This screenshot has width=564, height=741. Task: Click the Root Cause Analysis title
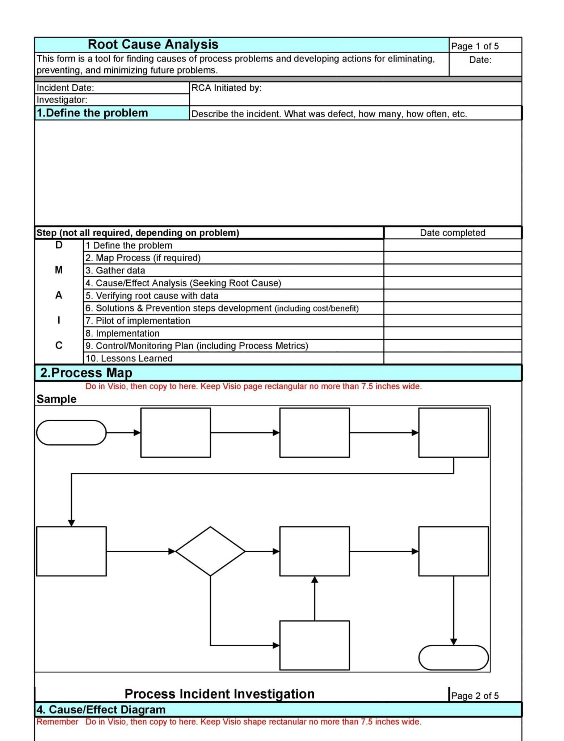pyautogui.click(x=153, y=45)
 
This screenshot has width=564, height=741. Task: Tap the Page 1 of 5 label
pyautogui.click(x=475, y=46)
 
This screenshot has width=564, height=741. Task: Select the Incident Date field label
pyautogui.click(x=65, y=88)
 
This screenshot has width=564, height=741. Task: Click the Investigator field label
pyautogui.click(x=62, y=100)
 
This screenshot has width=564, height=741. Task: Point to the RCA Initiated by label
pyautogui.click(x=226, y=88)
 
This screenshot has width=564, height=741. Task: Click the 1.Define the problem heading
pyautogui.click(x=92, y=113)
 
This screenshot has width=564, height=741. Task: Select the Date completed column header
pyautogui.click(x=452, y=233)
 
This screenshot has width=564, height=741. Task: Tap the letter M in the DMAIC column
pyautogui.click(x=59, y=270)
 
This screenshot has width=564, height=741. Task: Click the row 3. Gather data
pyautogui.click(x=115, y=271)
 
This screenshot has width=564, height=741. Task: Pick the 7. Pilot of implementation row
pyautogui.click(x=138, y=321)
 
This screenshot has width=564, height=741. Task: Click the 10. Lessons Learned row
pyautogui.click(x=129, y=359)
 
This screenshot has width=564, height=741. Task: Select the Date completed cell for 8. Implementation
pyautogui.click(x=452, y=333)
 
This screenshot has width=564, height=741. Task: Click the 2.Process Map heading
pyautogui.click(x=86, y=373)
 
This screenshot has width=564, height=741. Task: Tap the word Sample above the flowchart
pyautogui.click(x=56, y=399)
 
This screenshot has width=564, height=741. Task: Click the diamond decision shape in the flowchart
pyautogui.click(x=210, y=551)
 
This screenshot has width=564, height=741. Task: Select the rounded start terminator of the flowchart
pyautogui.click(x=71, y=432)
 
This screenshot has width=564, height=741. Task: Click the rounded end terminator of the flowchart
pyautogui.click(x=453, y=657)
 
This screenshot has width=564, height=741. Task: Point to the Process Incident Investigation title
pyautogui.click(x=219, y=694)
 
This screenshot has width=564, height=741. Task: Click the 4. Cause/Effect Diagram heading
pyautogui.click(x=101, y=710)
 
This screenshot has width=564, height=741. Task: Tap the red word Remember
pyautogui.click(x=57, y=722)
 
